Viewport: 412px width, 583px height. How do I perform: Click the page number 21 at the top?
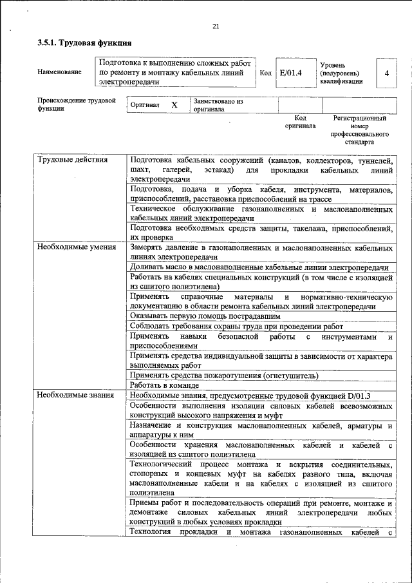click(215, 26)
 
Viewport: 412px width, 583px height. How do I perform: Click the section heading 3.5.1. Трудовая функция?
click(84, 43)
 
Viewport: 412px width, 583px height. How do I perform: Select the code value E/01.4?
click(292, 73)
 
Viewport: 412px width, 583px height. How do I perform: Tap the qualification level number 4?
click(386, 73)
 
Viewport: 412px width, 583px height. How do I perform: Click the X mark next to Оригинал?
click(174, 104)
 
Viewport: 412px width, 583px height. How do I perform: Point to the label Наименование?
click(60, 72)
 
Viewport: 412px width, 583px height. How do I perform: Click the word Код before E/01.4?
click(265, 73)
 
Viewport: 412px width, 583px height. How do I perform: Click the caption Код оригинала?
click(300, 122)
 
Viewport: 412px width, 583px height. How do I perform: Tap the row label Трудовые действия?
click(72, 159)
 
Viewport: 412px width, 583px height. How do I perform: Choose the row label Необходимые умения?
click(77, 247)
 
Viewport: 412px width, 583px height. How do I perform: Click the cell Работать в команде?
click(162, 385)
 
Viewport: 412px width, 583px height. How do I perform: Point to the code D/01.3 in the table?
click(366, 395)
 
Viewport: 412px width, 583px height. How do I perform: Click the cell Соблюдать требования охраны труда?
click(236, 326)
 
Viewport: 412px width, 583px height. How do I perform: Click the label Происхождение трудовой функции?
click(76, 105)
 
